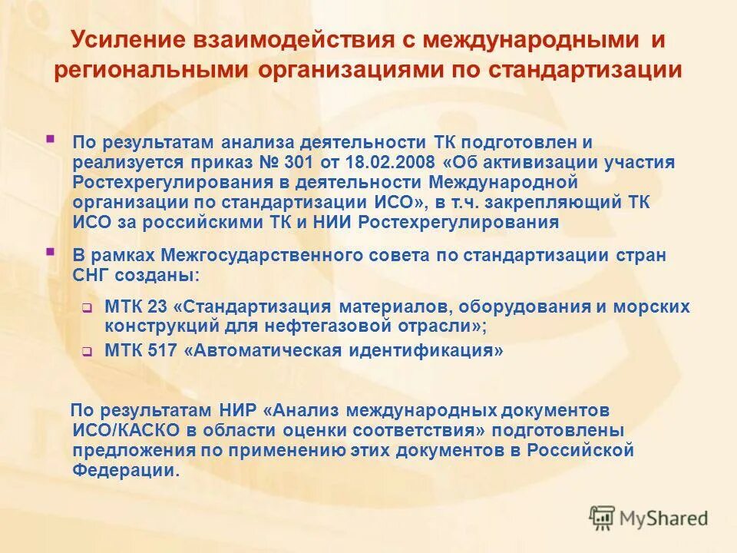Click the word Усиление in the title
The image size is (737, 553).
point(126,38)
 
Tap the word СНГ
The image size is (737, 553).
point(91,275)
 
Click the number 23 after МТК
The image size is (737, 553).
point(157,307)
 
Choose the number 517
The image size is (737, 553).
point(161,352)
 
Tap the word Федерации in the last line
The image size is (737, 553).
point(127,470)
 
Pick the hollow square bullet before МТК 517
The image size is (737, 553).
point(87,353)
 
